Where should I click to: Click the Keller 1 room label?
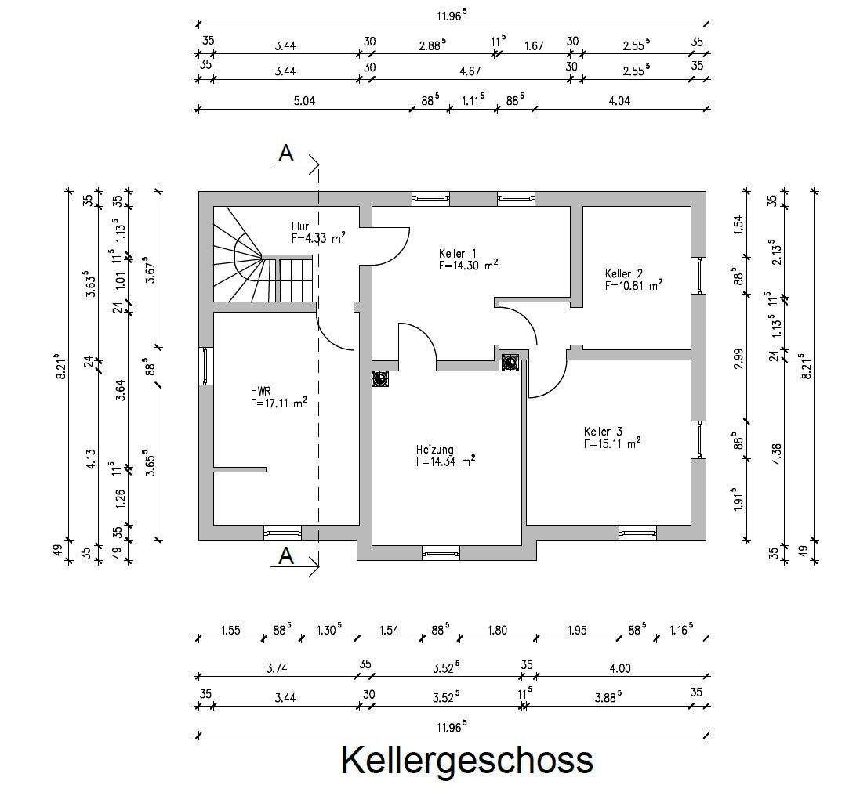[x=458, y=253]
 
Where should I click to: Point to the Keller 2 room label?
[x=623, y=273]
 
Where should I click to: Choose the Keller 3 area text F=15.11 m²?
[x=611, y=443]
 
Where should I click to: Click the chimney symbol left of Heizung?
[x=381, y=378]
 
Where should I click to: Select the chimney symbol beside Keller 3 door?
[x=510, y=362]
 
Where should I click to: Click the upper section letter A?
[x=286, y=154]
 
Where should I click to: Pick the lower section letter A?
[x=286, y=557]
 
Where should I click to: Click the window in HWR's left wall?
[x=205, y=366]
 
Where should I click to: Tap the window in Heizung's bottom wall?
[x=441, y=554]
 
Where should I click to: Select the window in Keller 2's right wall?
[x=698, y=275]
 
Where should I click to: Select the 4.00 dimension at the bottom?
[x=619, y=668]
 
